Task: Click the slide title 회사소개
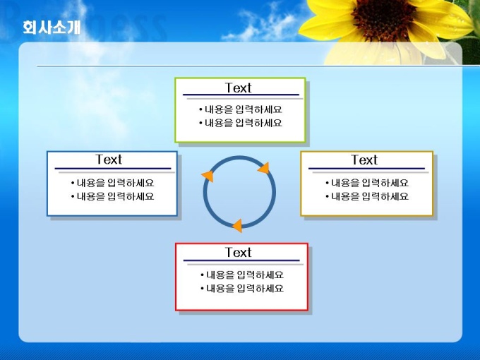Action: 52,28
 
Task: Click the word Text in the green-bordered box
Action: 238,88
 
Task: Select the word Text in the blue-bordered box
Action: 109,160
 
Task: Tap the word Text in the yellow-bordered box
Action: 364,160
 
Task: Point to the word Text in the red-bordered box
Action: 238,253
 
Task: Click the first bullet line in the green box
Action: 240,109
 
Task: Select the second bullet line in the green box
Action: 240,123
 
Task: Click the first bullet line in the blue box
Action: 112,183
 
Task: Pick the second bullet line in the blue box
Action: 112,196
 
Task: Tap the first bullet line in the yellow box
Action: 367,183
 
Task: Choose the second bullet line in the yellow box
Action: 367,196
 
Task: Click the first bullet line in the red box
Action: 242,275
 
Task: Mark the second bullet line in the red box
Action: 242,289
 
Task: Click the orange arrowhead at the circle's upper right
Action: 264,168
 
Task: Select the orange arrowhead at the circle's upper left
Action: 208,176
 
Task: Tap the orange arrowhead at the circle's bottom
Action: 238,226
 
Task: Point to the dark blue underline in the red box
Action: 241,260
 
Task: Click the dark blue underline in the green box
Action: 241,95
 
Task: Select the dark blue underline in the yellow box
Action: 367,169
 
